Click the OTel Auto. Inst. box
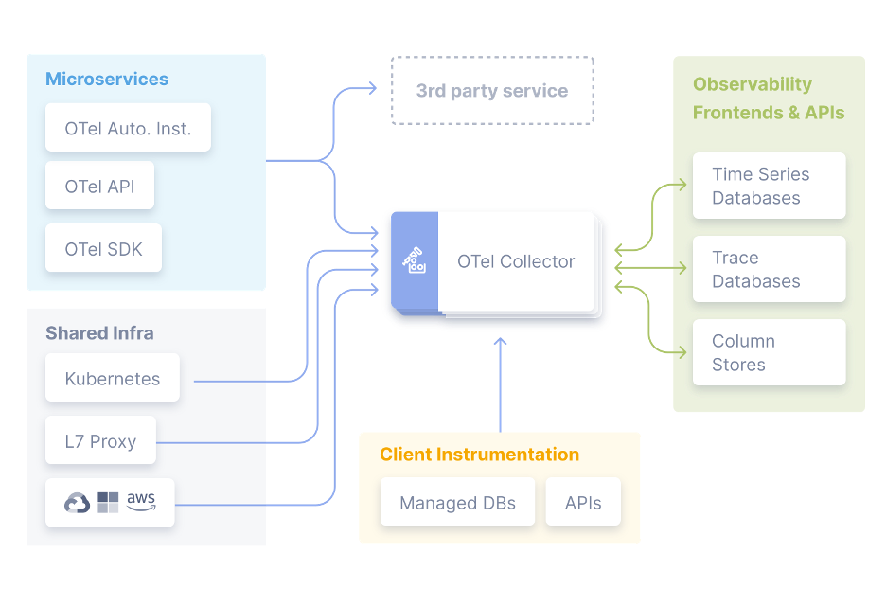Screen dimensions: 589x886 click(x=128, y=129)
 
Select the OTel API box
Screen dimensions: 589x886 click(x=99, y=187)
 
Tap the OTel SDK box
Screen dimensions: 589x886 click(x=103, y=250)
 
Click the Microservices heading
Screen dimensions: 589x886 click(x=107, y=80)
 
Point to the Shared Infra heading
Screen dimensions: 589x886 click(x=99, y=333)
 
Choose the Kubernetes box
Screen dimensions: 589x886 click(x=112, y=379)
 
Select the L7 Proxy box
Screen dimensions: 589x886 click(x=100, y=441)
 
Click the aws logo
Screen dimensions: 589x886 click(x=140, y=501)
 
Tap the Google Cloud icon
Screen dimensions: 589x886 click(x=77, y=503)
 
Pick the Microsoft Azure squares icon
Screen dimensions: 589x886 click(x=108, y=502)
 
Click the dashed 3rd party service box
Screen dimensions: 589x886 click(x=492, y=91)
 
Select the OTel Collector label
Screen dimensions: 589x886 click(x=516, y=261)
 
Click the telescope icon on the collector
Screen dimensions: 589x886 click(x=415, y=260)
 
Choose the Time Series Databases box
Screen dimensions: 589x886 click(x=769, y=186)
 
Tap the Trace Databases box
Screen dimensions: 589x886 click(x=769, y=269)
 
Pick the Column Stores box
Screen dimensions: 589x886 click(x=769, y=352)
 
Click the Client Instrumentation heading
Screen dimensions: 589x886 click(x=479, y=455)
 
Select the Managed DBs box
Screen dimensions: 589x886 click(x=457, y=503)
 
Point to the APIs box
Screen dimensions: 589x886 click(x=583, y=503)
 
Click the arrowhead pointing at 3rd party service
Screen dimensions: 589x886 click(x=371, y=89)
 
